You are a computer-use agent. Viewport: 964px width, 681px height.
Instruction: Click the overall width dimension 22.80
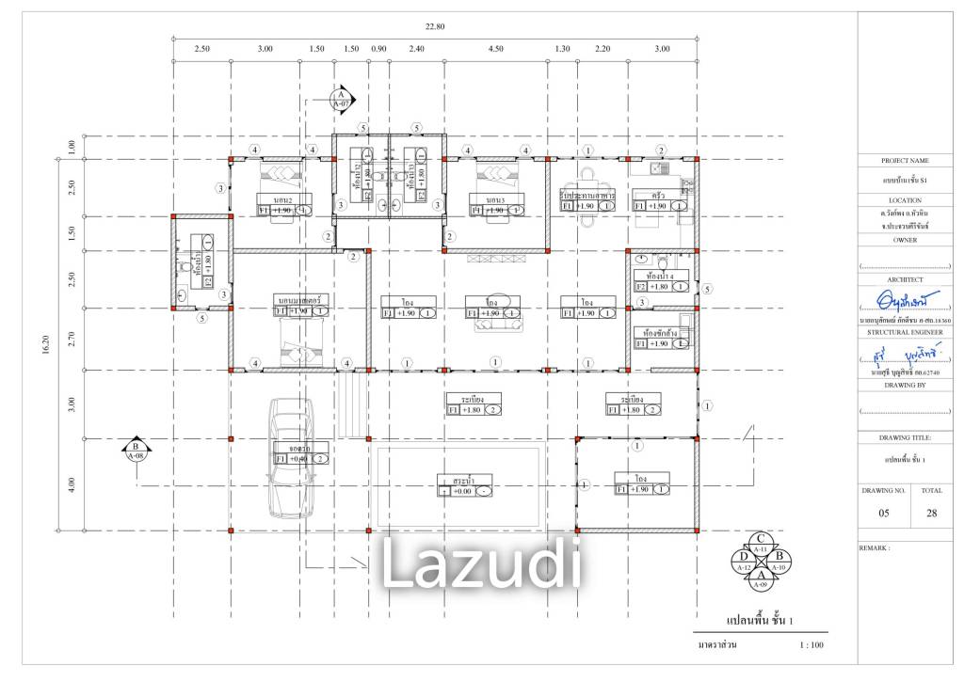434,26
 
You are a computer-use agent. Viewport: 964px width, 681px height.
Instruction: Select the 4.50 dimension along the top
495,49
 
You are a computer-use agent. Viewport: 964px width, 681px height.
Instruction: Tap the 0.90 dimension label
379,49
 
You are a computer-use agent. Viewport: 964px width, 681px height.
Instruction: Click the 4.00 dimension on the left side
72,484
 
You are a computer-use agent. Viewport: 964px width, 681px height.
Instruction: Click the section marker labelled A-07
340,98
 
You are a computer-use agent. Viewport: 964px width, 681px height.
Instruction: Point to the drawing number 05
884,514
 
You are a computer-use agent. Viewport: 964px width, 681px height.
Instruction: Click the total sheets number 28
931,514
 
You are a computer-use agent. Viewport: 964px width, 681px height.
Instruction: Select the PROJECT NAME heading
905,161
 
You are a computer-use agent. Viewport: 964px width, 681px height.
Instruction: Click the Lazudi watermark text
480,562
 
